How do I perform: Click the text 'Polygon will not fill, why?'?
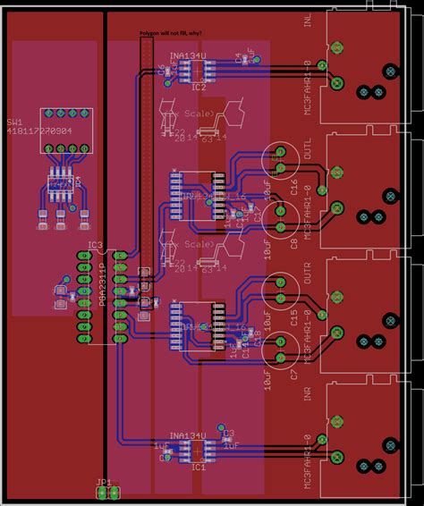[x=170, y=32]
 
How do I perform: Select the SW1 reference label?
[x=15, y=122]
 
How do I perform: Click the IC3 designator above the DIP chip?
[x=95, y=245]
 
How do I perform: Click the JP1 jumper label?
[x=104, y=482]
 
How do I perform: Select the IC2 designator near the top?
[x=198, y=88]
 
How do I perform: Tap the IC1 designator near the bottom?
[x=198, y=467]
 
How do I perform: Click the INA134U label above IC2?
[x=188, y=55]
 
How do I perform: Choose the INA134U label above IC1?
[x=188, y=435]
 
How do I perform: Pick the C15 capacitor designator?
[x=294, y=316]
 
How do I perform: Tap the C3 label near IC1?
[x=228, y=434]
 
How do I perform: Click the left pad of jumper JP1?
[x=102, y=493]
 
